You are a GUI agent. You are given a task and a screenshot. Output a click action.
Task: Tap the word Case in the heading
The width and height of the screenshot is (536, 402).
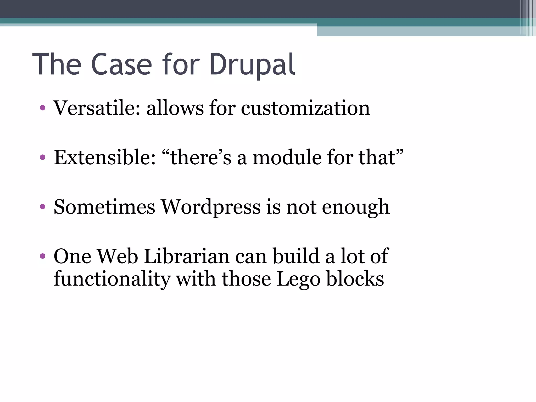(x=121, y=65)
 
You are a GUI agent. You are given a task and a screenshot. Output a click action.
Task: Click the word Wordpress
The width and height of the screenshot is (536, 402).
(x=210, y=207)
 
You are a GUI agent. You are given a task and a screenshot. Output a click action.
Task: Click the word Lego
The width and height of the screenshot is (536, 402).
(x=298, y=279)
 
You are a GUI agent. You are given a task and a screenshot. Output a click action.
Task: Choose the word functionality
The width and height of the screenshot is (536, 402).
(x=112, y=279)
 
